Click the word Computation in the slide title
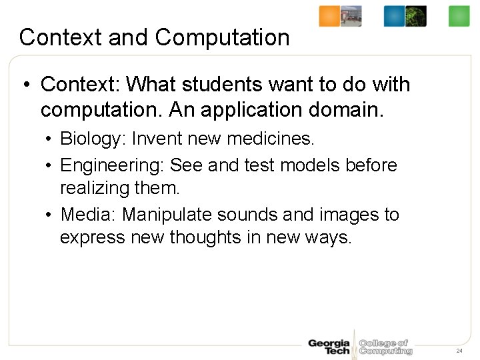tap(223, 37)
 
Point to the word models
tap(312, 165)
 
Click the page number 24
tap(459, 351)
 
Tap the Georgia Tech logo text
tap(329, 347)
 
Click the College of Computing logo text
tap(385, 347)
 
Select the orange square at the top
tap(329, 16)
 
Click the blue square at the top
tap(394, 16)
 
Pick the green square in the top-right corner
tap(459, 16)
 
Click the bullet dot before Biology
tap(50, 139)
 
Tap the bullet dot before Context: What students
tap(25, 85)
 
